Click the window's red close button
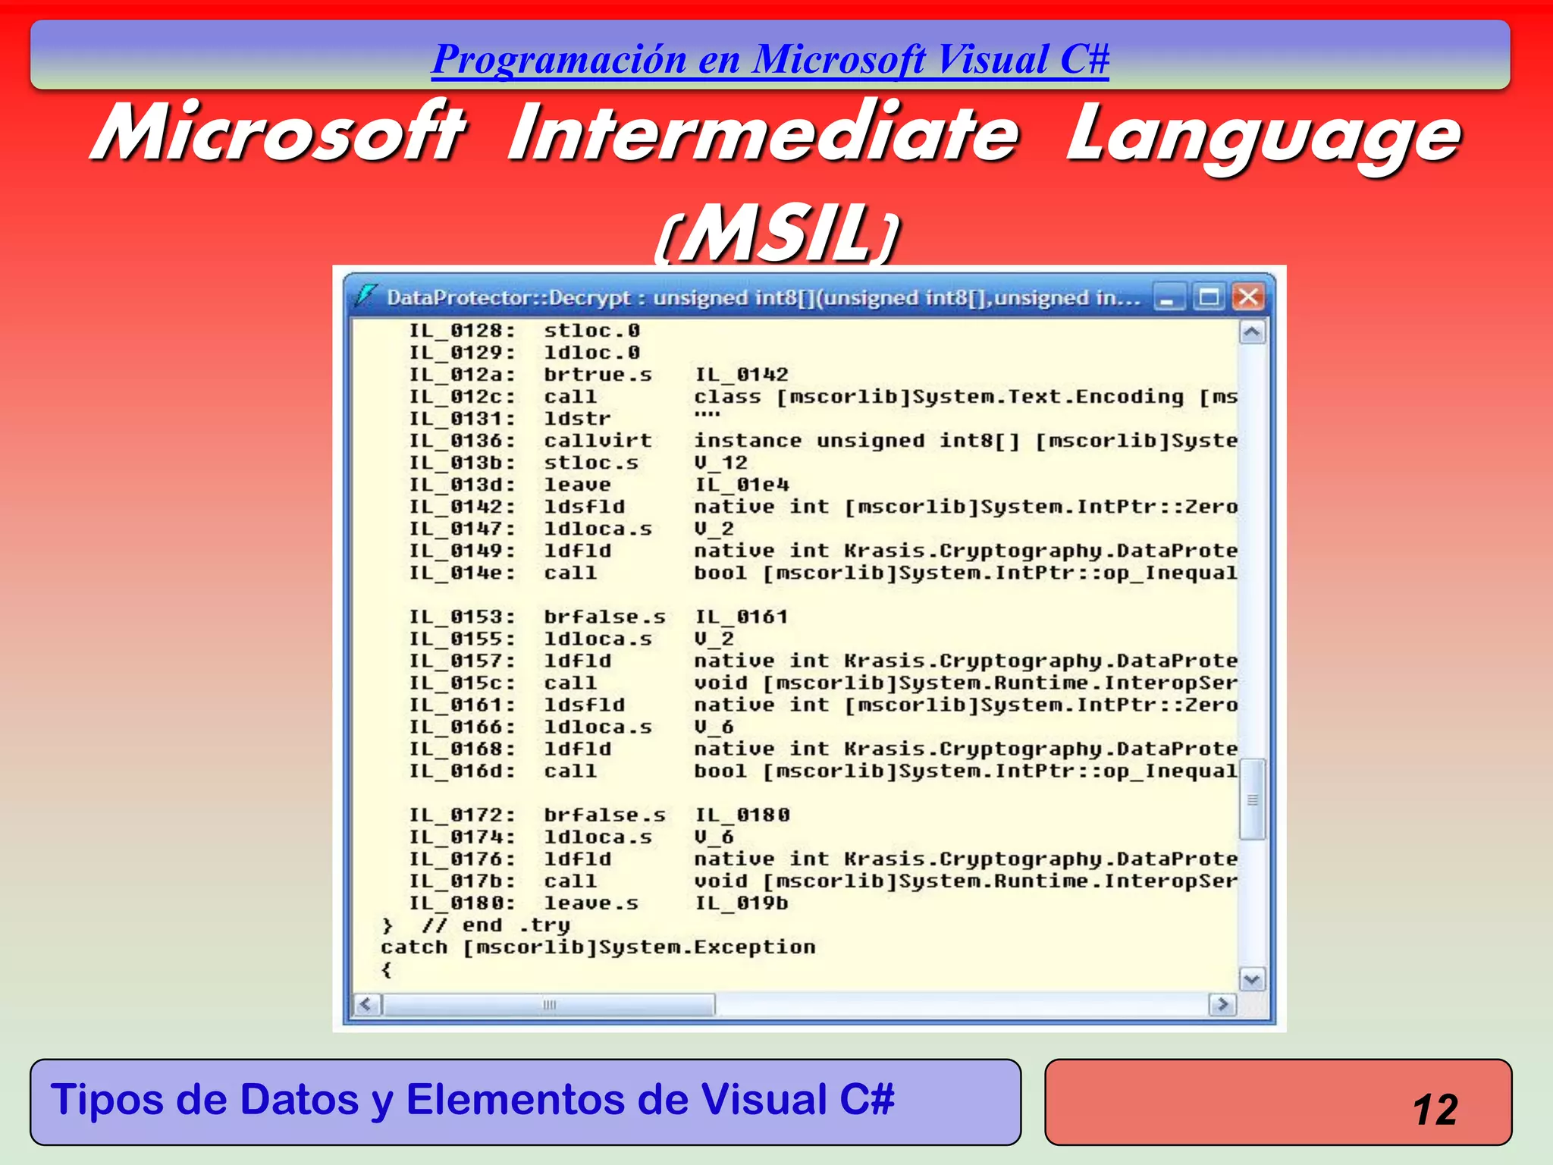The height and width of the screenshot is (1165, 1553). pyautogui.click(x=1248, y=297)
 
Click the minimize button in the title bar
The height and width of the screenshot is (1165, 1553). pyautogui.click(x=1169, y=297)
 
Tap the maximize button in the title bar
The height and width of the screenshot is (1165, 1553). pyautogui.click(x=1209, y=297)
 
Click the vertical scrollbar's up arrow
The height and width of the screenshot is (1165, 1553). pyautogui.click(x=1252, y=332)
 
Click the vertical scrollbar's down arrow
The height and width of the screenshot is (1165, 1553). pyautogui.click(x=1252, y=979)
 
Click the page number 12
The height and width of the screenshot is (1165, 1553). pyautogui.click(x=1435, y=1110)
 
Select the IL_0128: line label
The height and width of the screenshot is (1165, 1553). pyautogui.click(x=462, y=331)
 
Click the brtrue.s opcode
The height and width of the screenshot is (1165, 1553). pyautogui.click(x=598, y=375)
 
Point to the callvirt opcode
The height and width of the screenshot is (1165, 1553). pyautogui.click(x=598, y=441)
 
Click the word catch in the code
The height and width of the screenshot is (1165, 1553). pyautogui.click(x=414, y=947)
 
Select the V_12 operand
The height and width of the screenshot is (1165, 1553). pyautogui.click(x=720, y=463)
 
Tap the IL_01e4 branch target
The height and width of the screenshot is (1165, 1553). pyautogui.click(x=742, y=485)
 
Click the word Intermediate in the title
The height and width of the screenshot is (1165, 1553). pyautogui.click(x=763, y=133)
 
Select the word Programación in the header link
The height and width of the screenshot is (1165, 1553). pyautogui.click(x=559, y=59)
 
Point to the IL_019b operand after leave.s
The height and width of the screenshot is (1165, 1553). pyautogui.click(x=742, y=903)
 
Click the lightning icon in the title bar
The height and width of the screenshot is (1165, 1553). pyautogui.click(x=366, y=295)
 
